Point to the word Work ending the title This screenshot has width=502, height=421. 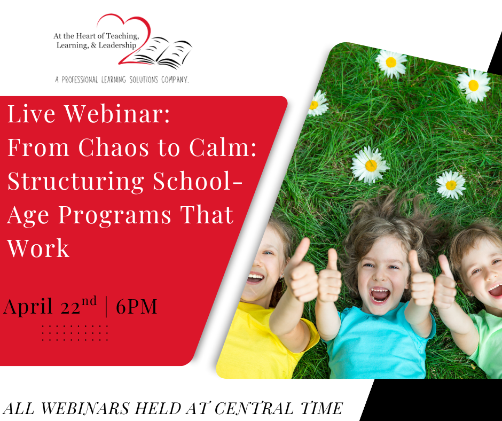coord(38,248)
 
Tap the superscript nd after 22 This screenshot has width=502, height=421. coord(89,302)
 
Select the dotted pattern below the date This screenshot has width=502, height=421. coord(75,333)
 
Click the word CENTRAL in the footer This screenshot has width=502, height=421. coord(254,409)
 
